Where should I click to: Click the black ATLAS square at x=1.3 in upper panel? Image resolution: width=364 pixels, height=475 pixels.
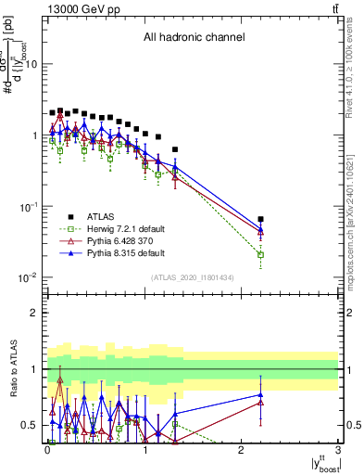pyautogui.click(x=174, y=149)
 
